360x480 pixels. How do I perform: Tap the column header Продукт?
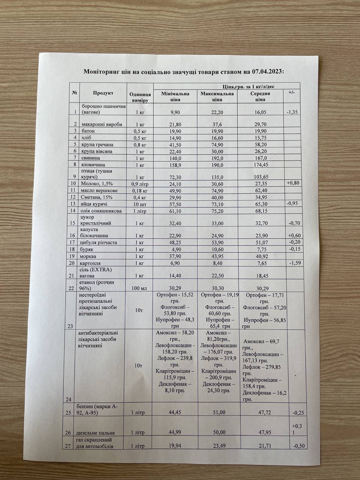pyautogui.click(x=103, y=93)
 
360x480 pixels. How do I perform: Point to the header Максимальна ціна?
pyautogui.click(x=217, y=97)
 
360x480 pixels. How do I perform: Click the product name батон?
pyautogui.click(x=87, y=131)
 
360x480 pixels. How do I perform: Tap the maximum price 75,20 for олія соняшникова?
pyautogui.click(x=217, y=211)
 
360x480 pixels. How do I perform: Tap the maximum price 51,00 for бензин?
pyautogui.click(x=217, y=413)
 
